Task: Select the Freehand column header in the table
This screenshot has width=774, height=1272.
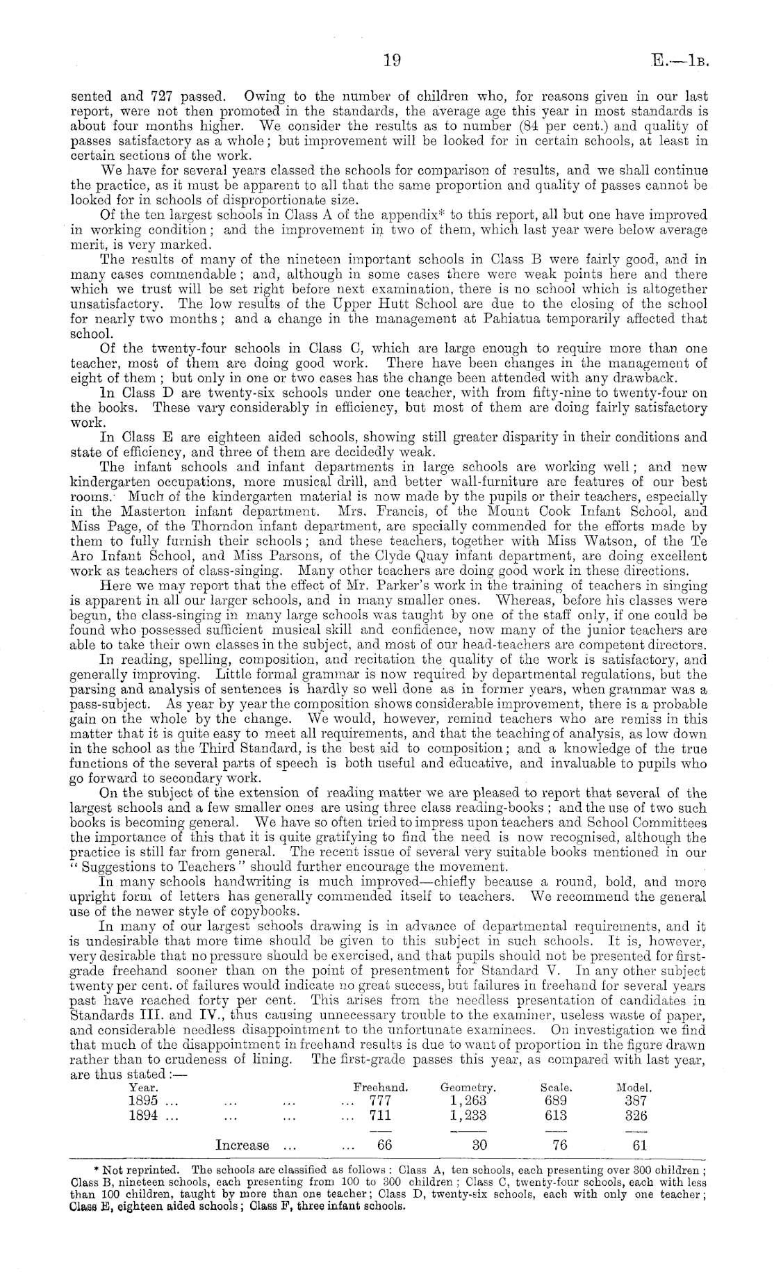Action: tap(381, 1087)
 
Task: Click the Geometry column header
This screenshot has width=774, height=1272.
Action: tap(468, 1087)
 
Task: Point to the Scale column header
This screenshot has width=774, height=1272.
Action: tap(557, 1087)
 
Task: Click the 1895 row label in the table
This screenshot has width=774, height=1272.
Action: tap(144, 1101)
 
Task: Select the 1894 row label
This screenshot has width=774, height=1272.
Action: tap(144, 1116)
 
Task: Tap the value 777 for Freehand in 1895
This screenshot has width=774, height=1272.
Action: tap(381, 1101)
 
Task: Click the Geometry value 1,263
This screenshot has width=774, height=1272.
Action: tap(468, 1101)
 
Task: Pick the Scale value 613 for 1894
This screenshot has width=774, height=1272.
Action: tap(556, 1116)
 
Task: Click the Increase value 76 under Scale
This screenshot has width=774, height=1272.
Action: tap(560, 1145)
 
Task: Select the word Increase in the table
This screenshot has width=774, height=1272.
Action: tap(242, 1145)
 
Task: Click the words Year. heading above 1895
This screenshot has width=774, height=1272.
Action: tap(143, 1087)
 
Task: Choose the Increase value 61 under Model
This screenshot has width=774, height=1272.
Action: tap(640, 1145)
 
